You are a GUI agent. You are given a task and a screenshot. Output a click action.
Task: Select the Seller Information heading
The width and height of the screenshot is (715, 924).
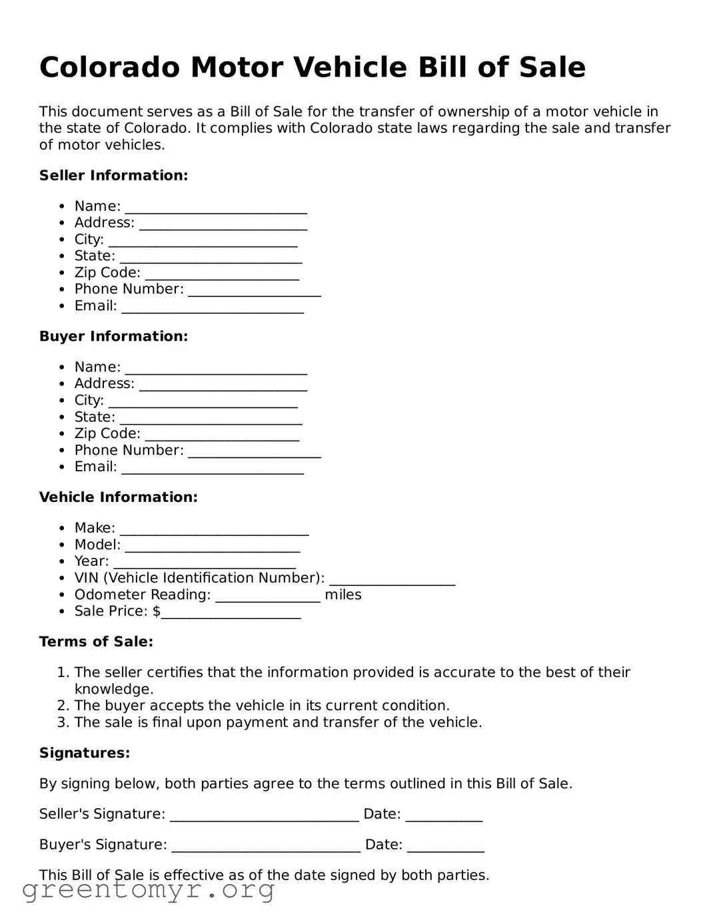click(113, 176)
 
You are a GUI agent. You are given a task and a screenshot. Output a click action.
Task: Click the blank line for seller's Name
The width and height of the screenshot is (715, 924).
click(216, 208)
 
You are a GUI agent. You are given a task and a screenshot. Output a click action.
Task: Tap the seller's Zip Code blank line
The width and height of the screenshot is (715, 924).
click(222, 274)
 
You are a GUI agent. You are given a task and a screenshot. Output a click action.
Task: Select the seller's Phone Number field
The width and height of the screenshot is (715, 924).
click(255, 291)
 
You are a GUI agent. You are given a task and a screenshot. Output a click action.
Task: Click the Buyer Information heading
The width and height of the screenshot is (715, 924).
click(113, 337)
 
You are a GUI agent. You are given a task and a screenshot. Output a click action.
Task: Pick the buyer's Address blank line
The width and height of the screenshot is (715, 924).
click(223, 385)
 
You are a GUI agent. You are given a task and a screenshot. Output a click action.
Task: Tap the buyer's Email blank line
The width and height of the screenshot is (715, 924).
click(213, 468)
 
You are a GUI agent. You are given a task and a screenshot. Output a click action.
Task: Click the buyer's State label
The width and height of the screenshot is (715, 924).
click(95, 417)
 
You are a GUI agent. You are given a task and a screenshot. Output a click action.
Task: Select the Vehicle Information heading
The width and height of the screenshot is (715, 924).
click(118, 497)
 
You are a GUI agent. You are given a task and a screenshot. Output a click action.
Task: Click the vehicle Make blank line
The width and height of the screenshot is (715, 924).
click(215, 529)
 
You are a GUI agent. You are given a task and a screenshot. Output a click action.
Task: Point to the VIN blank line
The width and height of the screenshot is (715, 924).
click(392, 579)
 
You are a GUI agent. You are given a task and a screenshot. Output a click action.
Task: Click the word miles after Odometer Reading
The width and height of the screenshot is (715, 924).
click(343, 595)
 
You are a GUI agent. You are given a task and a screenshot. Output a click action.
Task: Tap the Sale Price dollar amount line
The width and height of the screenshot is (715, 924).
click(231, 612)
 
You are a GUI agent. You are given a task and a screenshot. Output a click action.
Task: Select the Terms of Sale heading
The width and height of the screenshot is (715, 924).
click(96, 642)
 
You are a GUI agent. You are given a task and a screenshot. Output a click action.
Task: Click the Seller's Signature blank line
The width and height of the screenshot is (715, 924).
click(265, 815)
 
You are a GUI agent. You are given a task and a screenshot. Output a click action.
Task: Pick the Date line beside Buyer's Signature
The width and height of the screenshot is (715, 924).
click(445, 846)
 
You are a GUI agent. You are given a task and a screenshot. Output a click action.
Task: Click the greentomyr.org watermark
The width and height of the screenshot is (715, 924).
click(148, 890)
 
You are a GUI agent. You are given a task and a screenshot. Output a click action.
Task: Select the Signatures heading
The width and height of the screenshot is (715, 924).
click(85, 753)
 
